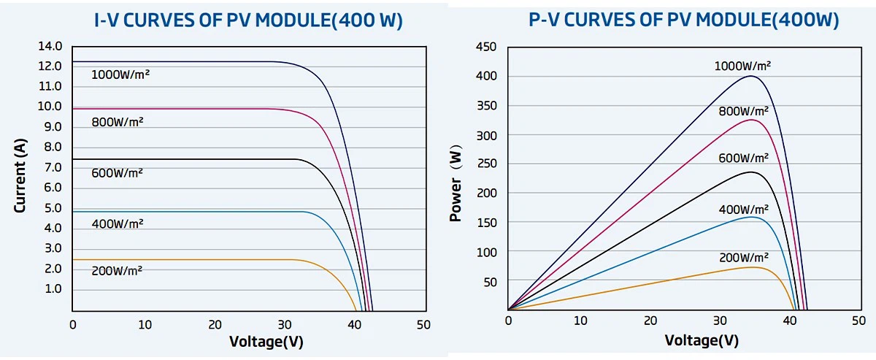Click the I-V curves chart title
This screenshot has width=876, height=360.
tap(248, 20)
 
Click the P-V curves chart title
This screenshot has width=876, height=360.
tap(683, 20)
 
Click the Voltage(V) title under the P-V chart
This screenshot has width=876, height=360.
tap(702, 340)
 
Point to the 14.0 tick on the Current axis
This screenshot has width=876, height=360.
tap(50, 46)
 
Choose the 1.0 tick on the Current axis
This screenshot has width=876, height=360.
tap(54, 289)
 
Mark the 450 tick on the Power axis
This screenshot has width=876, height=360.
tap(486, 47)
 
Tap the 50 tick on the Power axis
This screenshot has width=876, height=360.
tap(489, 282)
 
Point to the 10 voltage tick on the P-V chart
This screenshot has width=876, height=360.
tap(580, 321)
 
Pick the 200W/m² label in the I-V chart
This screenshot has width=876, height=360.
tap(117, 270)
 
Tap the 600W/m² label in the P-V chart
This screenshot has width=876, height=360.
tap(743, 158)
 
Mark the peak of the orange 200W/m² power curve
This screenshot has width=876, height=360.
tap(753, 267)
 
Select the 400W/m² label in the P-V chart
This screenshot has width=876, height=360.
tap(743, 209)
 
